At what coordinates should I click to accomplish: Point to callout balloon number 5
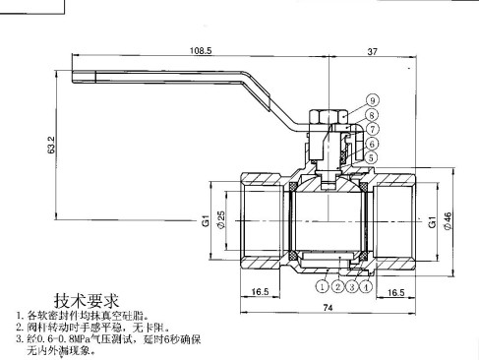click(x=372, y=157)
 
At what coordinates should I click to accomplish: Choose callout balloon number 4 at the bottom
click(x=366, y=286)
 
